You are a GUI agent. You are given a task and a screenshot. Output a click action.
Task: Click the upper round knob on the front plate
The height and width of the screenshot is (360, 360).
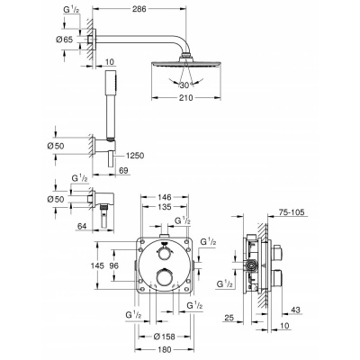click(x=164, y=253)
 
